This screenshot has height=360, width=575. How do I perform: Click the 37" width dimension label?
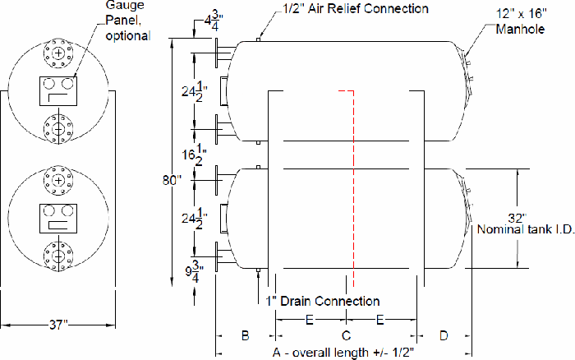57,325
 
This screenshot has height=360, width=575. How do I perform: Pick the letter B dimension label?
244,335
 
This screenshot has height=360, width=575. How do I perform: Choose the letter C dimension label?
346,335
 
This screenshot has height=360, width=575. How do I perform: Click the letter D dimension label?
444,335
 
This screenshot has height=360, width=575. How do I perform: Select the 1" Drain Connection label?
323,301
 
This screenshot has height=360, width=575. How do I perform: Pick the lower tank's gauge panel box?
57,215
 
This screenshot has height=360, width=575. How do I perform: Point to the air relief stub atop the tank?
259,39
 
